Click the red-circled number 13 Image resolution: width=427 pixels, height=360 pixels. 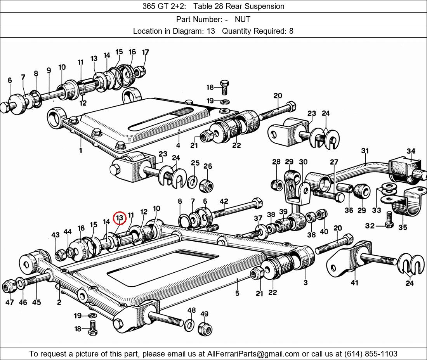coord(120,218)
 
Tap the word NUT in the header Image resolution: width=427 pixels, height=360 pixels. coord(242,19)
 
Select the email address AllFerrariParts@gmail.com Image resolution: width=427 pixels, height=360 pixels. coord(253,354)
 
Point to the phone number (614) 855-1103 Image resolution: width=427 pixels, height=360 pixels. coord(371,354)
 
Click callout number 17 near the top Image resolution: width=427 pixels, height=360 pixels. coord(146,52)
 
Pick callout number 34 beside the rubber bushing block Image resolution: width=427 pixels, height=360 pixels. coord(411,151)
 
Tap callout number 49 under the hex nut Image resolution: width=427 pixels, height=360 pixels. coord(204,314)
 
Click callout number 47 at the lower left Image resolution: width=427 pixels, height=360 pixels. coord(10,302)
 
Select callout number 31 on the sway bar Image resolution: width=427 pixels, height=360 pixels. coord(365,151)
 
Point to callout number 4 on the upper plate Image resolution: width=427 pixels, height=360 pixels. coord(178,145)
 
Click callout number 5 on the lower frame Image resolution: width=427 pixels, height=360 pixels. coord(237,293)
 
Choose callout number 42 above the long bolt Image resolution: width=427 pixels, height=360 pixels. coord(224,201)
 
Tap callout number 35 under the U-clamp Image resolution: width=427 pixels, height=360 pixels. coord(403,227)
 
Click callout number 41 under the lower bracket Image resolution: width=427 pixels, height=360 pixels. coord(354,283)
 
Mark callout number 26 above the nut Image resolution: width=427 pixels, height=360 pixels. coord(208,166)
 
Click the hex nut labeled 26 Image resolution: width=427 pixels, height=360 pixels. coord(206,186)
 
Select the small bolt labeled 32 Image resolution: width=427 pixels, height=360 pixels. coord(389,220)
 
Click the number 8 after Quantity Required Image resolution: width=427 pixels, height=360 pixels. coord(291,31)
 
